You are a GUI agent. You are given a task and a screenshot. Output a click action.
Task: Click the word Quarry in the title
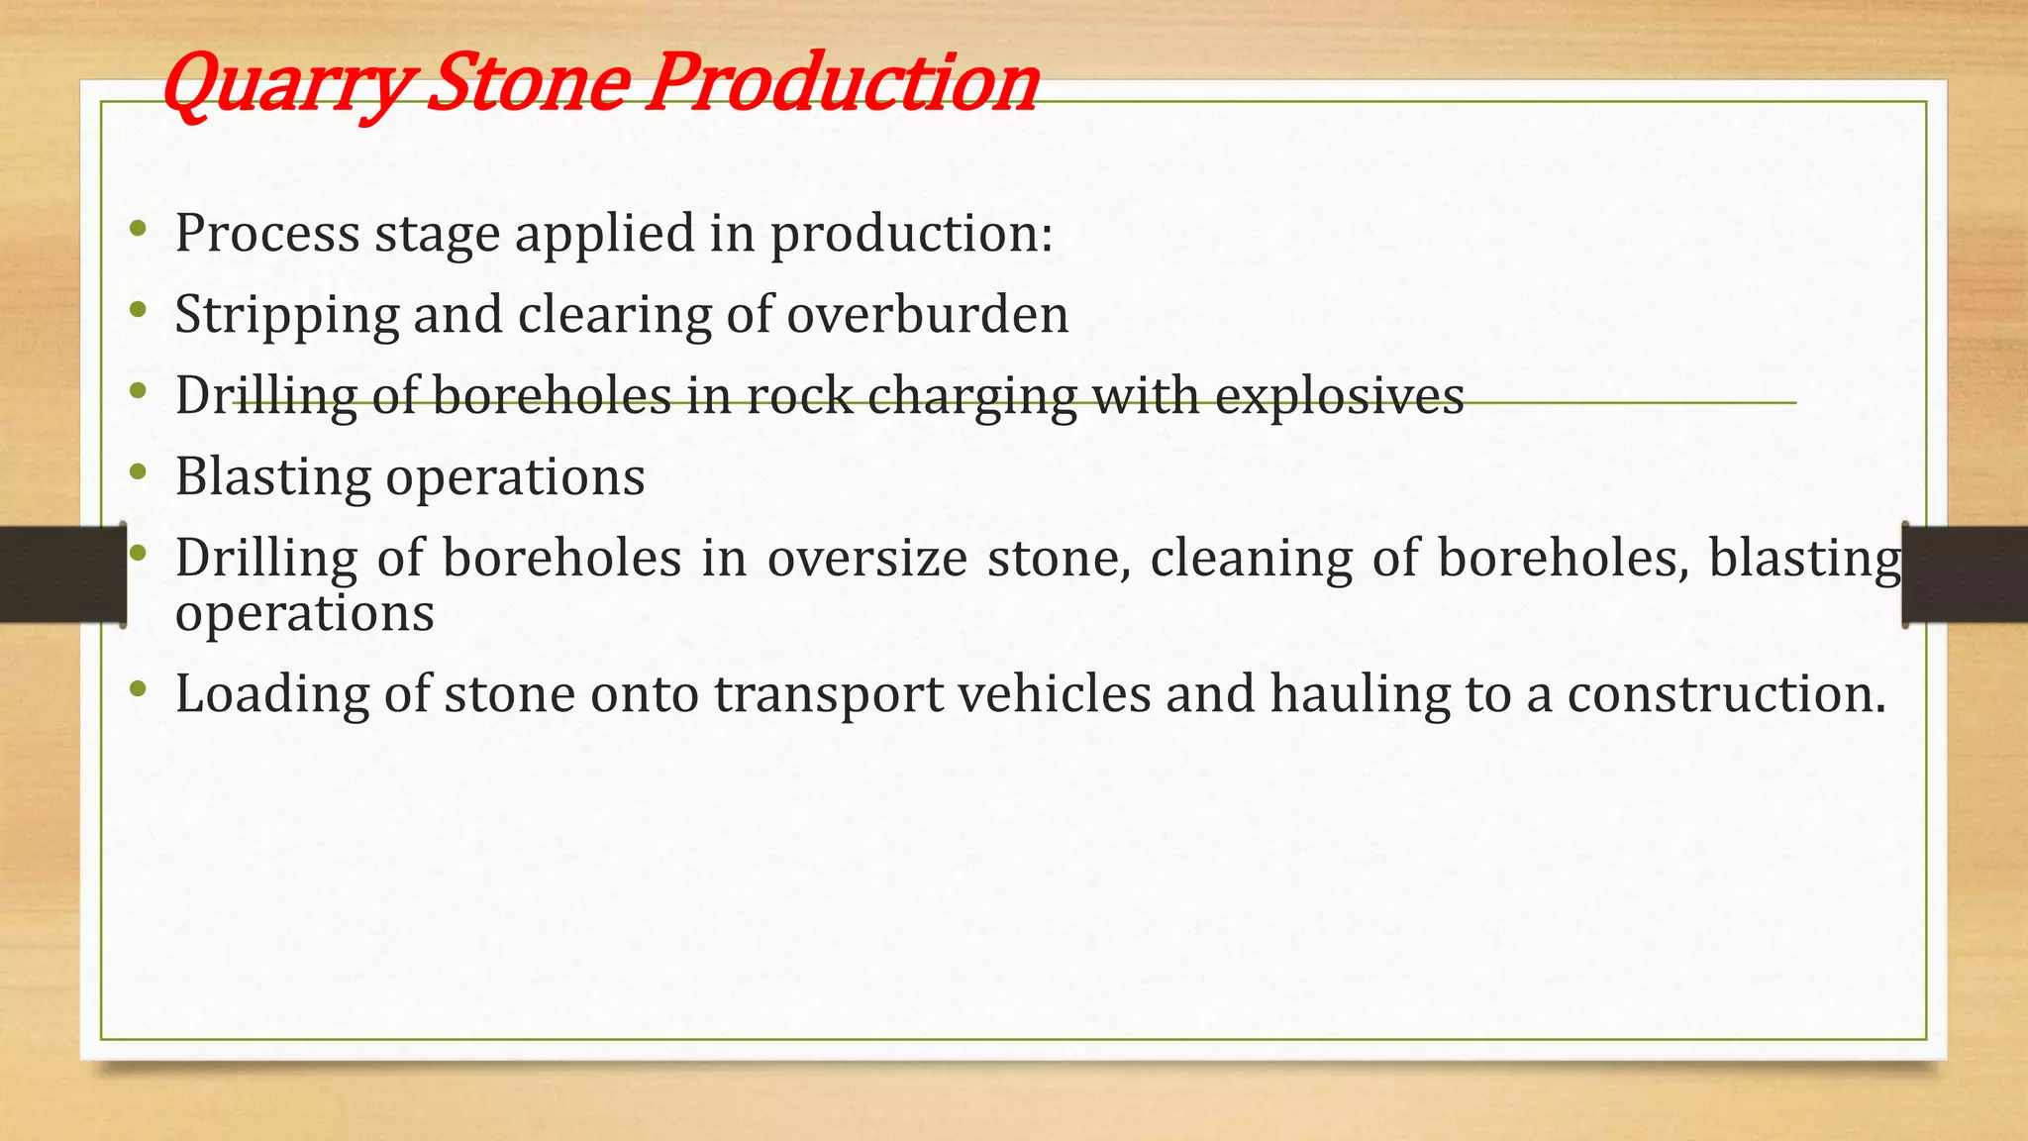tap(282, 84)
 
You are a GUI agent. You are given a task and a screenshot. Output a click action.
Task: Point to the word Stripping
tap(286, 316)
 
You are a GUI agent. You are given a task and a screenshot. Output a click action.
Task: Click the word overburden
tap(928, 315)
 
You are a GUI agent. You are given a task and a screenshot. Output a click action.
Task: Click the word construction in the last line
tap(1726, 692)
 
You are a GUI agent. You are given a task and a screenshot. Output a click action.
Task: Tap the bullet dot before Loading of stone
tap(139, 688)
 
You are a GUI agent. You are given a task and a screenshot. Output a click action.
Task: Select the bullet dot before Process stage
tap(139, 230)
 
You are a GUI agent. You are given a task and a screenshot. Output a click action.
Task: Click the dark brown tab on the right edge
tap(1966, 574)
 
